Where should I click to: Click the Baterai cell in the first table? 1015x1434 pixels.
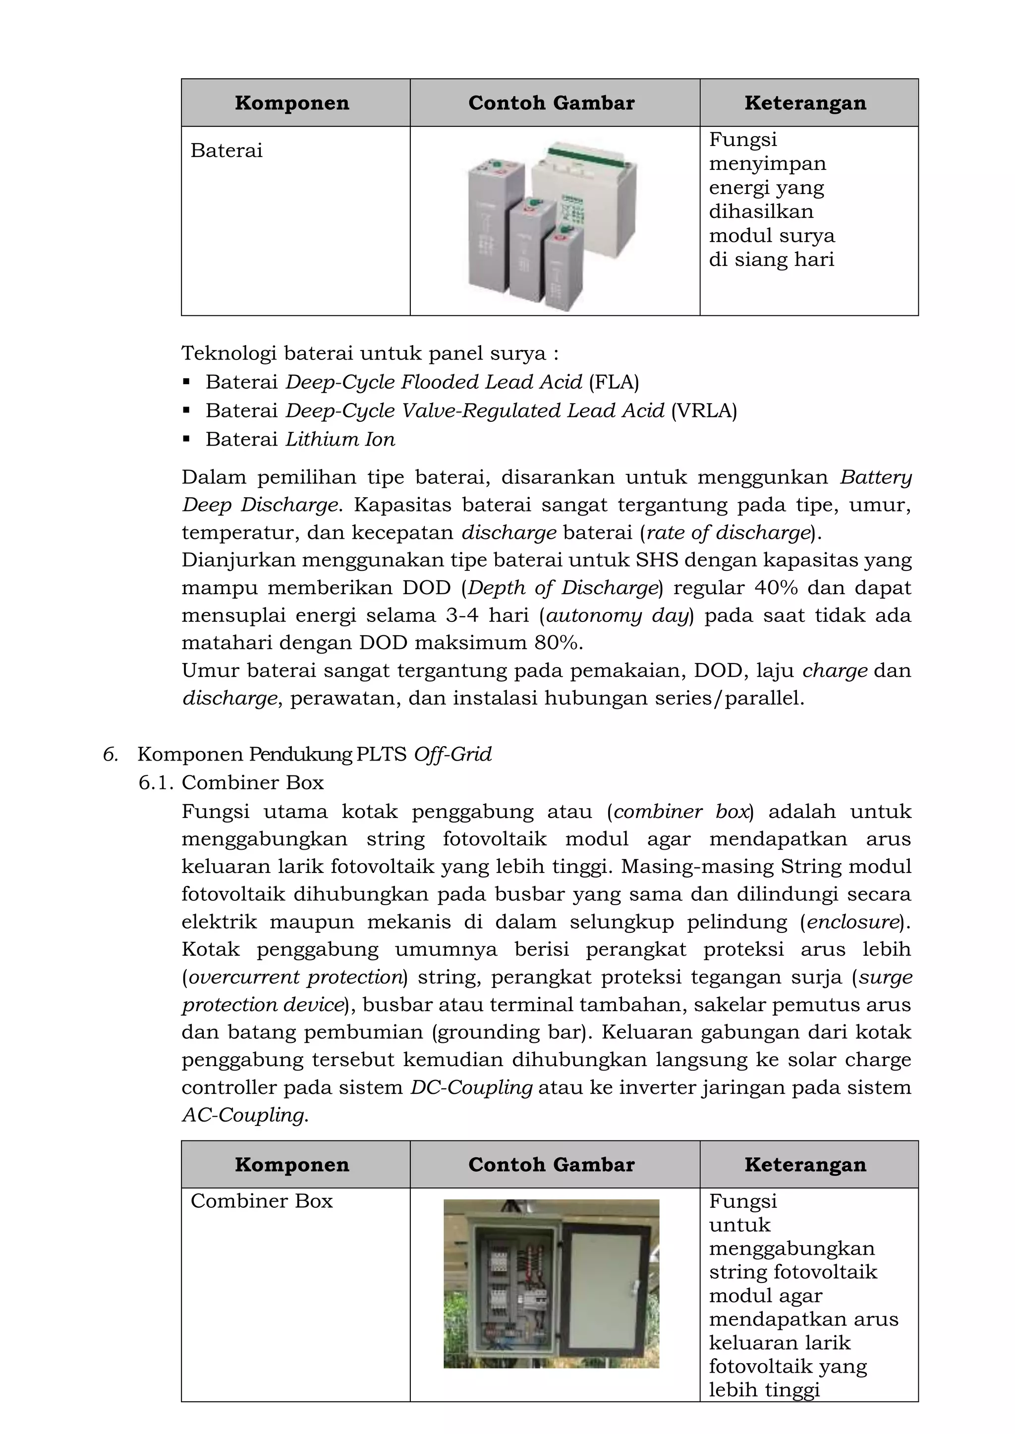tap(226, 151)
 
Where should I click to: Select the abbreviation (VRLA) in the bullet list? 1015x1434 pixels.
tap(704, 410)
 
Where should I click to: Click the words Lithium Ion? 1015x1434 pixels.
tap(340, 439)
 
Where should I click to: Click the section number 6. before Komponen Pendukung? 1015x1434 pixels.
tap(111, 755)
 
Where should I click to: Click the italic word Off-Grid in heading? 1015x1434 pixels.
tap(452, 755)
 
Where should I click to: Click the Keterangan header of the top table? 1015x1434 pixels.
tap(805, 103)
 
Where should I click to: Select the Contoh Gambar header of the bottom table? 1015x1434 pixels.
tap(551, 1165)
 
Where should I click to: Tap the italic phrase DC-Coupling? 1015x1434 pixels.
tap(471, 1087)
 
